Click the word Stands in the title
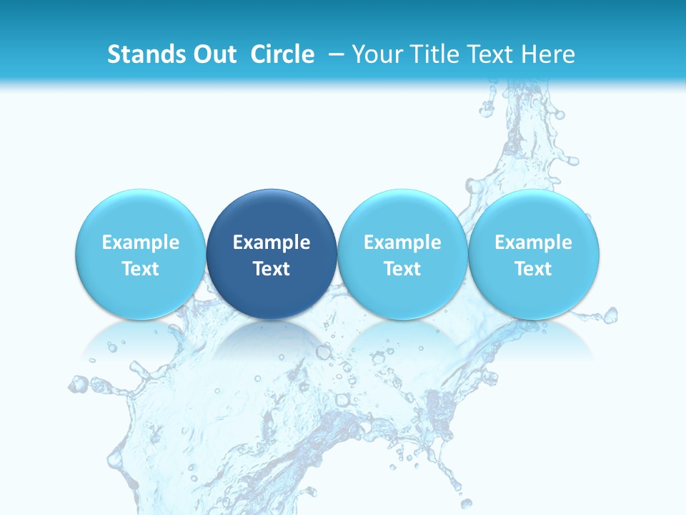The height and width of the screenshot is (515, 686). [x=140, y=54]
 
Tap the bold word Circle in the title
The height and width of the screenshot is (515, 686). [x=282, y=54]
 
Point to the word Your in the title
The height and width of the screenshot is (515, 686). [x=375, y=54]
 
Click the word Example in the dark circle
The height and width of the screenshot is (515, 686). [x=272, y=242]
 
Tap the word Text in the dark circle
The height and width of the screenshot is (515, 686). [x=272, y=269]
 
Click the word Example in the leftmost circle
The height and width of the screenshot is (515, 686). [x=140, y=242]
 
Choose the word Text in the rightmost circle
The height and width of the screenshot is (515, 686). [x=533, y=269]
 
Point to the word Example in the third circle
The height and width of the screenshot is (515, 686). [x=402, y=242]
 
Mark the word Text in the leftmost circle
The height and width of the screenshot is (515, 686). [x=140, y=269]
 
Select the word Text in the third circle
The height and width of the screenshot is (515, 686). [x=402, y=269]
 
